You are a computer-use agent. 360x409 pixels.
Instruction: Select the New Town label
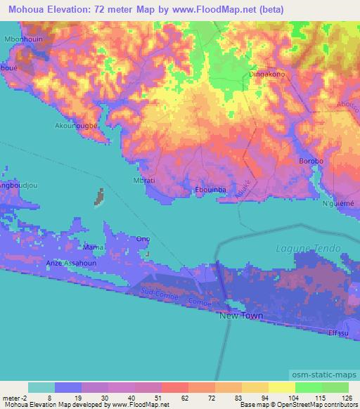pos(242,316)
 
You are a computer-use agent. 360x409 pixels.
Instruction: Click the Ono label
pos(143,239)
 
